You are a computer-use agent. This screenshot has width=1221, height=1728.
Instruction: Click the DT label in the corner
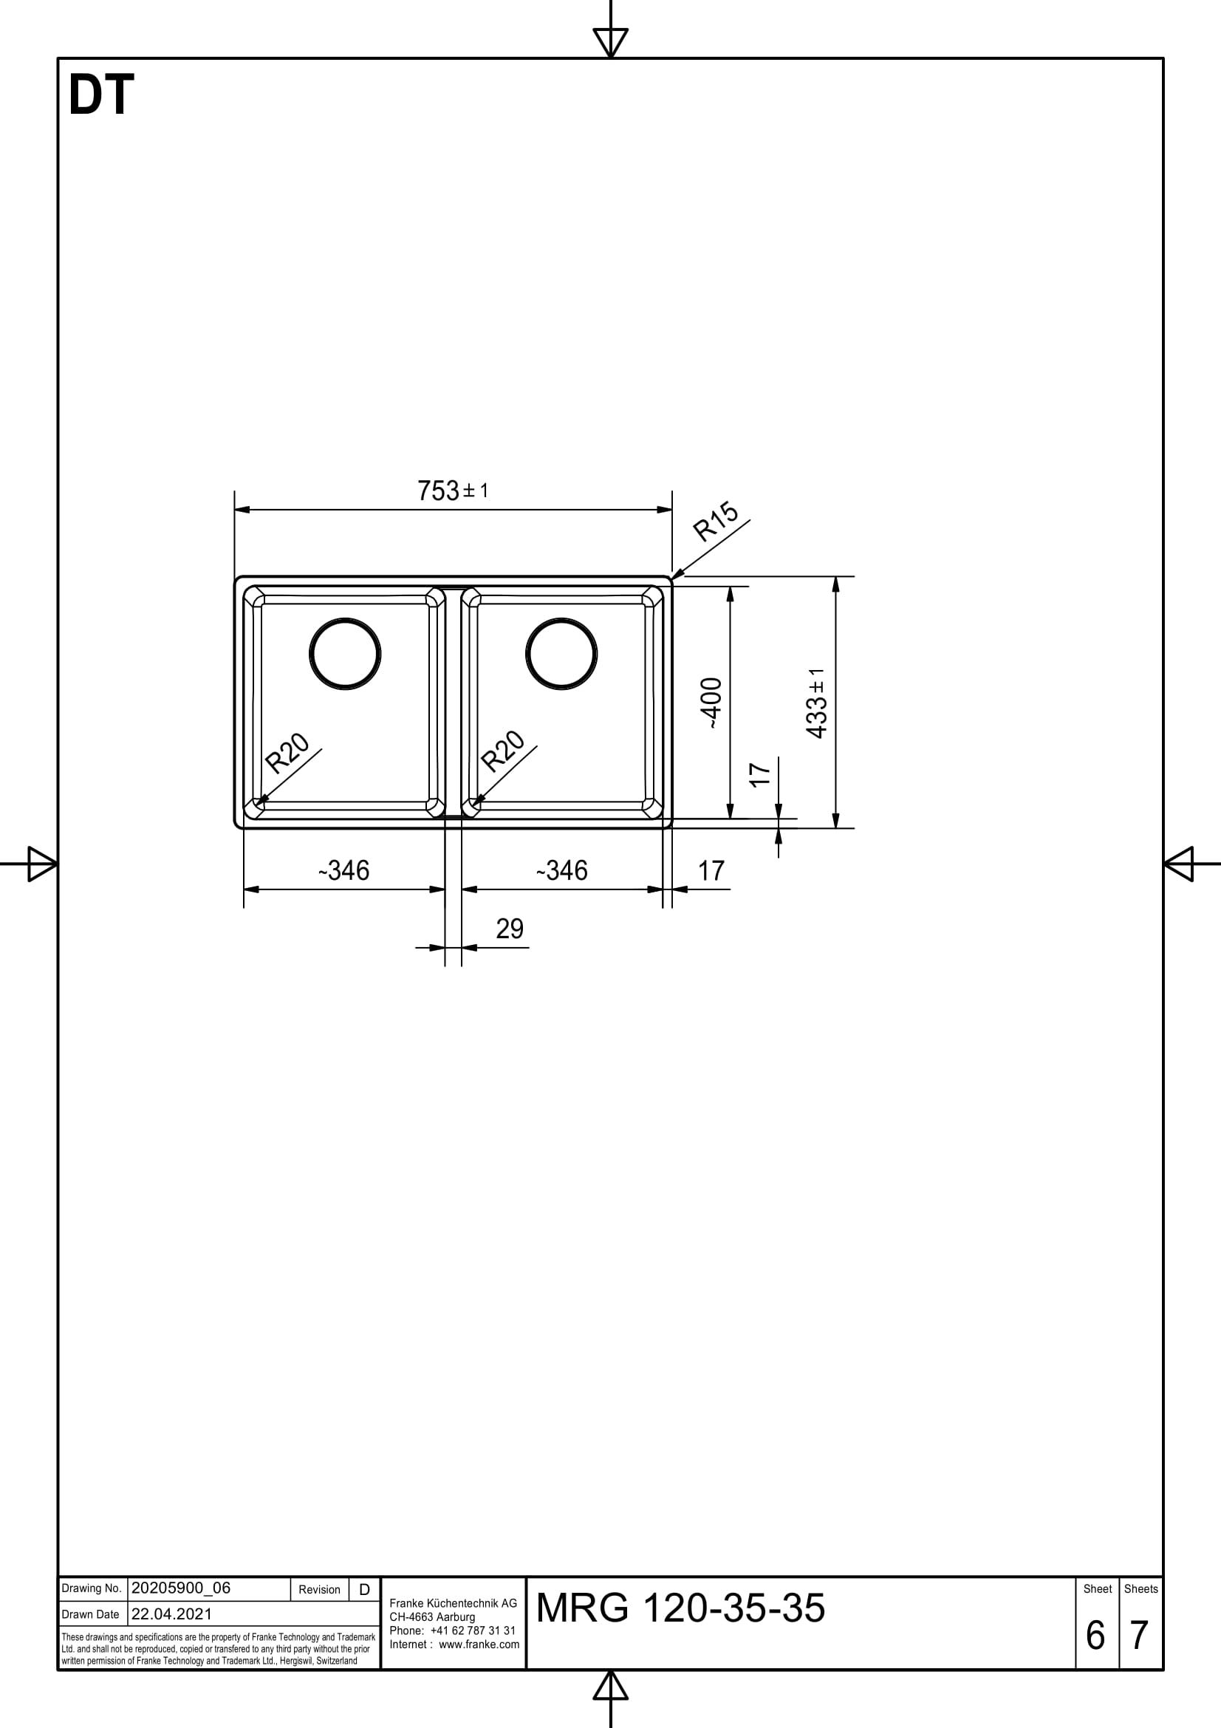point(100,95)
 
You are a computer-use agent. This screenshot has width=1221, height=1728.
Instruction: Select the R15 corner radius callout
point(715,522)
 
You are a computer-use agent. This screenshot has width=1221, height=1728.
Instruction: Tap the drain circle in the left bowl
point(345,653)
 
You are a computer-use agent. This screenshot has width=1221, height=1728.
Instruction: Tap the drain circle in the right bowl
point(562,653)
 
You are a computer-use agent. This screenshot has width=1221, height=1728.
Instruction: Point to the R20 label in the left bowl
point(288,754)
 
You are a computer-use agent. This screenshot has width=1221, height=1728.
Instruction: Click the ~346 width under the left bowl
point(343,871)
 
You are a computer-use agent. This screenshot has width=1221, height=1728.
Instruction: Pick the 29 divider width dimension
point(510,929)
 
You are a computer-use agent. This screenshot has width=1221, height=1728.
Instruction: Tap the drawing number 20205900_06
point(180,1588)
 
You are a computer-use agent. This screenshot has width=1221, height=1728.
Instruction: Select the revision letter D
point(364,1590)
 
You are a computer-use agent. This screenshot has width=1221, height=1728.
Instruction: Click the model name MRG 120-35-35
point(680,1608)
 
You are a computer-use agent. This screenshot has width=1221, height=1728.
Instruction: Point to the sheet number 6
point(1095,1635)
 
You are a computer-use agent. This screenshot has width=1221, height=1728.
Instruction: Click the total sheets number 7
point(1139,1635)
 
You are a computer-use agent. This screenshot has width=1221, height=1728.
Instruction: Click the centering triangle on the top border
point(610,41)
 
